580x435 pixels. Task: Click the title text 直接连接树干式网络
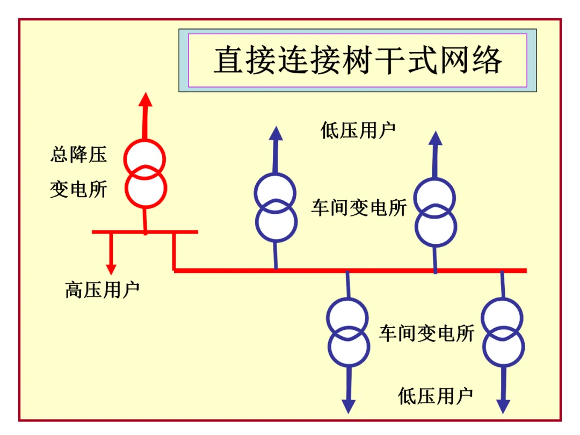[358, 60]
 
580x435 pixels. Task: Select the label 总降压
[78, 155]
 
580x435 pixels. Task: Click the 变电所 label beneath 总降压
[78, 189]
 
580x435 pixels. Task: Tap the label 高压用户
[102, 289]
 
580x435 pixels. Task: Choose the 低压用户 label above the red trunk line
[358, 130]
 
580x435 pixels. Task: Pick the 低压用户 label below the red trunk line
[436, 396]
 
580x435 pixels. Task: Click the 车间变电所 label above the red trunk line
[359, 207]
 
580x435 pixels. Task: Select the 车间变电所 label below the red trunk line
[427, 334]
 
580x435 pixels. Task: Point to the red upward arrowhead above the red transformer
[146, 99]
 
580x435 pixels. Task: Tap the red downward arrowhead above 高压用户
[111, 269]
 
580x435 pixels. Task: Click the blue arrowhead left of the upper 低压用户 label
[276, 134]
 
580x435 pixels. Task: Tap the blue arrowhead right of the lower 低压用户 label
[503, 407]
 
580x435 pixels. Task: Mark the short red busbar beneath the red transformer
[145, 232]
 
